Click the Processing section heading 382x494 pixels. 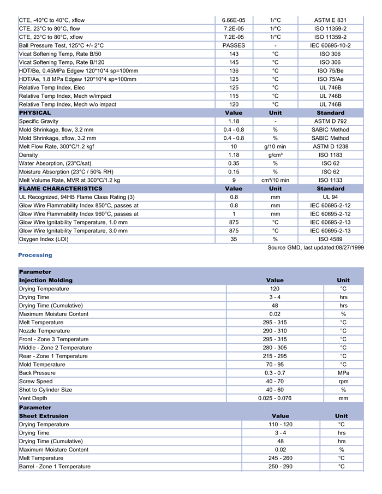click(x=35, y=255)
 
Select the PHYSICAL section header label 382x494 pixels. click(x=35, y=112)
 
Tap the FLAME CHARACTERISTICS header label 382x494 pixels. click(x=61, y=188)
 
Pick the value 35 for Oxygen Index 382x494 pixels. click(x=234, y=239)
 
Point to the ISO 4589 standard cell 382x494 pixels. click(x=330, y=239)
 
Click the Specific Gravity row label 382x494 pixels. click(x=39, y=121)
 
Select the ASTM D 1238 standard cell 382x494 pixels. click(x=330, y=146)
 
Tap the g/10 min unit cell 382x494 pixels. click(x=276, y=146)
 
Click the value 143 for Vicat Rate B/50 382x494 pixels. click(x=234, y=54)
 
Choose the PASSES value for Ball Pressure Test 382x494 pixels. click(x=234, y=45)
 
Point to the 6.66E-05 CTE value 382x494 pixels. click(x=234, y=20)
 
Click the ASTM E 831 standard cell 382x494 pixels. click(x=330, y=20)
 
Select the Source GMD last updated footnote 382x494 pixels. click(x=315, y=247)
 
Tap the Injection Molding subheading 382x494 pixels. click(x=46, y=280)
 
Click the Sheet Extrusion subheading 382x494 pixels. click(x=45, y=416)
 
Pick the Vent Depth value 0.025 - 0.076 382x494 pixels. click(x=274, y=398)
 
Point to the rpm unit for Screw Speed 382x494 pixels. click(x=343, y=382)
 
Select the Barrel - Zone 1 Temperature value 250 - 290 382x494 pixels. click(x=280, y=467)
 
